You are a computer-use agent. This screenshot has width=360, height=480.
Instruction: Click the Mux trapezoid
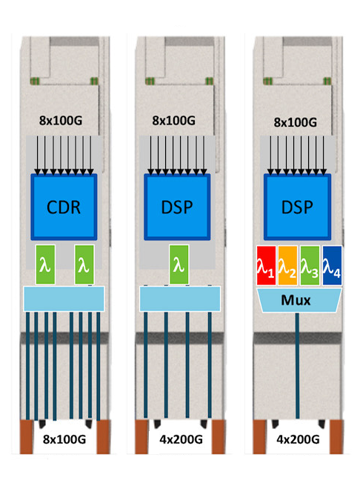pyautogui.click(x=297, y=300)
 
